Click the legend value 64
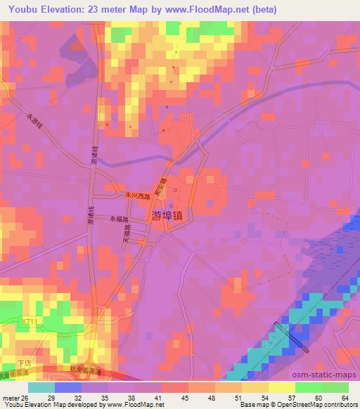(x=344, y=398)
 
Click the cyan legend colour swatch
(x=41, y=387)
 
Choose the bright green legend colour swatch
(x=307, y=387)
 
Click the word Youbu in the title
(x=20, y=10)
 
